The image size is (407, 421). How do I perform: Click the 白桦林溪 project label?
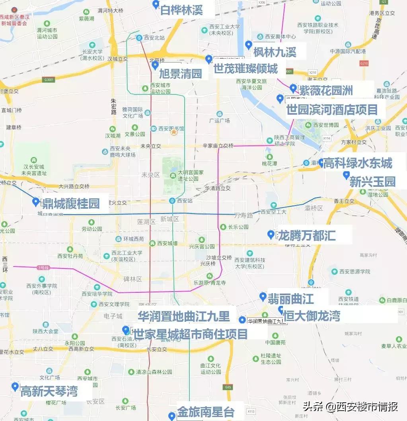[x=181, y=10]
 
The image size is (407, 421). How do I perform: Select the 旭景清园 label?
[x=181, y=73]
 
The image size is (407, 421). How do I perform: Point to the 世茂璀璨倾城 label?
[x=245, y=69]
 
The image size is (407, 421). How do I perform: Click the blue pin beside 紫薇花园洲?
[x=293, y=88]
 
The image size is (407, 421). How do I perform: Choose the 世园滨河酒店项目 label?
[x=332, y=110]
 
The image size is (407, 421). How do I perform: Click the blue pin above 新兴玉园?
[x=346, y=174]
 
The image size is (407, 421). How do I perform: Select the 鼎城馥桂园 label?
[x=71, y=203]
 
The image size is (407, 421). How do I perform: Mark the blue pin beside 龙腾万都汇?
[x=271, y=234]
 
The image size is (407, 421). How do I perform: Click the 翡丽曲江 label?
[x=291, y=298]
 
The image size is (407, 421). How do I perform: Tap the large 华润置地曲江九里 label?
[x=184, y=316]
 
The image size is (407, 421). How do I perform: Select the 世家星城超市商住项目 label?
[x=191, y=334]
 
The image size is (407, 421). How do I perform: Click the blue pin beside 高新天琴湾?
[x=15, y=386]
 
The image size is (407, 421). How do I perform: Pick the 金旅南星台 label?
[x=206, y=411]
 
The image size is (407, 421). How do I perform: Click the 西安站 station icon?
[x=172, y=201]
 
